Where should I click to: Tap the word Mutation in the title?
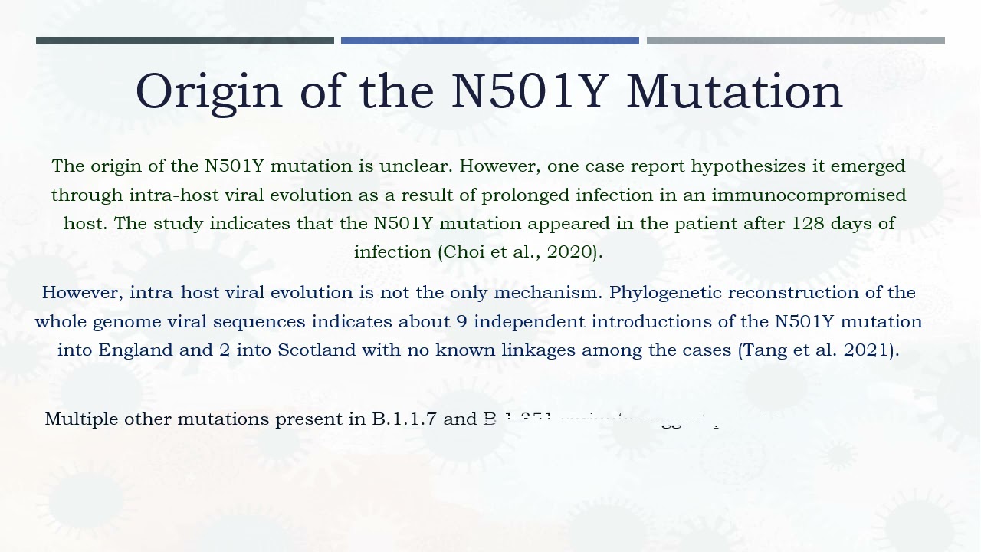click(734, 92)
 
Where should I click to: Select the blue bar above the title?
click(490, 41)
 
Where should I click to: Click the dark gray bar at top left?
click(185, 41)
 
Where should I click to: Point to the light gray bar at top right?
click(796, 41)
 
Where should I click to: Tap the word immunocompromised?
click(809, 195)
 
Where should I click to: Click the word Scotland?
click(317, 350)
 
